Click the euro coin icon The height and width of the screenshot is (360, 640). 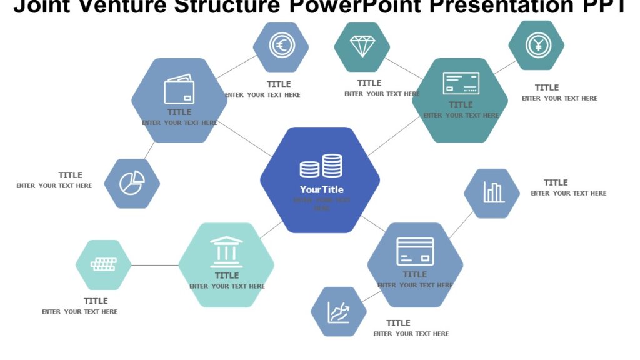tap(281, 46)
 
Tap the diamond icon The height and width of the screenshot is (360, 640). tap(362, 46)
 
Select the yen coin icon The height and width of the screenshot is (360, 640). tap(536, 44)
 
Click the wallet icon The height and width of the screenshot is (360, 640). tap(179, 90)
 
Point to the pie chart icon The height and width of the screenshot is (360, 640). tap(132, 183)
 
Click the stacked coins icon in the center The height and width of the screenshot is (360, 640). tap(321, 166)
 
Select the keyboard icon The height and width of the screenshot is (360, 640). tap(104, 264)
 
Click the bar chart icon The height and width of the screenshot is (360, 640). tap(492, 192)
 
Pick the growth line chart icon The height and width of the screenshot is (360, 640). tap(338, 311)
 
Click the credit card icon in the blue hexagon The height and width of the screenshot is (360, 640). tap(415, 251)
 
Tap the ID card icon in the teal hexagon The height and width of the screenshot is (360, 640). tap(461, 83)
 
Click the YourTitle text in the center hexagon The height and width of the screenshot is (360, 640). tap(321, 189)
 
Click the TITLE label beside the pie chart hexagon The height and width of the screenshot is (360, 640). tap(71, 175)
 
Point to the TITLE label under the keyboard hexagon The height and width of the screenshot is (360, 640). tap(96, 301)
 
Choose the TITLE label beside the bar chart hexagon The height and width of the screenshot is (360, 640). tap(556, 182)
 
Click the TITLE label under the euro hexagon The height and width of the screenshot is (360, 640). tap(279, 84)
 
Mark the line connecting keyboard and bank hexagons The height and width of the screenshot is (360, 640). tap(155, 265)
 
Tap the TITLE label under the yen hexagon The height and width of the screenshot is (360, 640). tap(547, 87)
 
